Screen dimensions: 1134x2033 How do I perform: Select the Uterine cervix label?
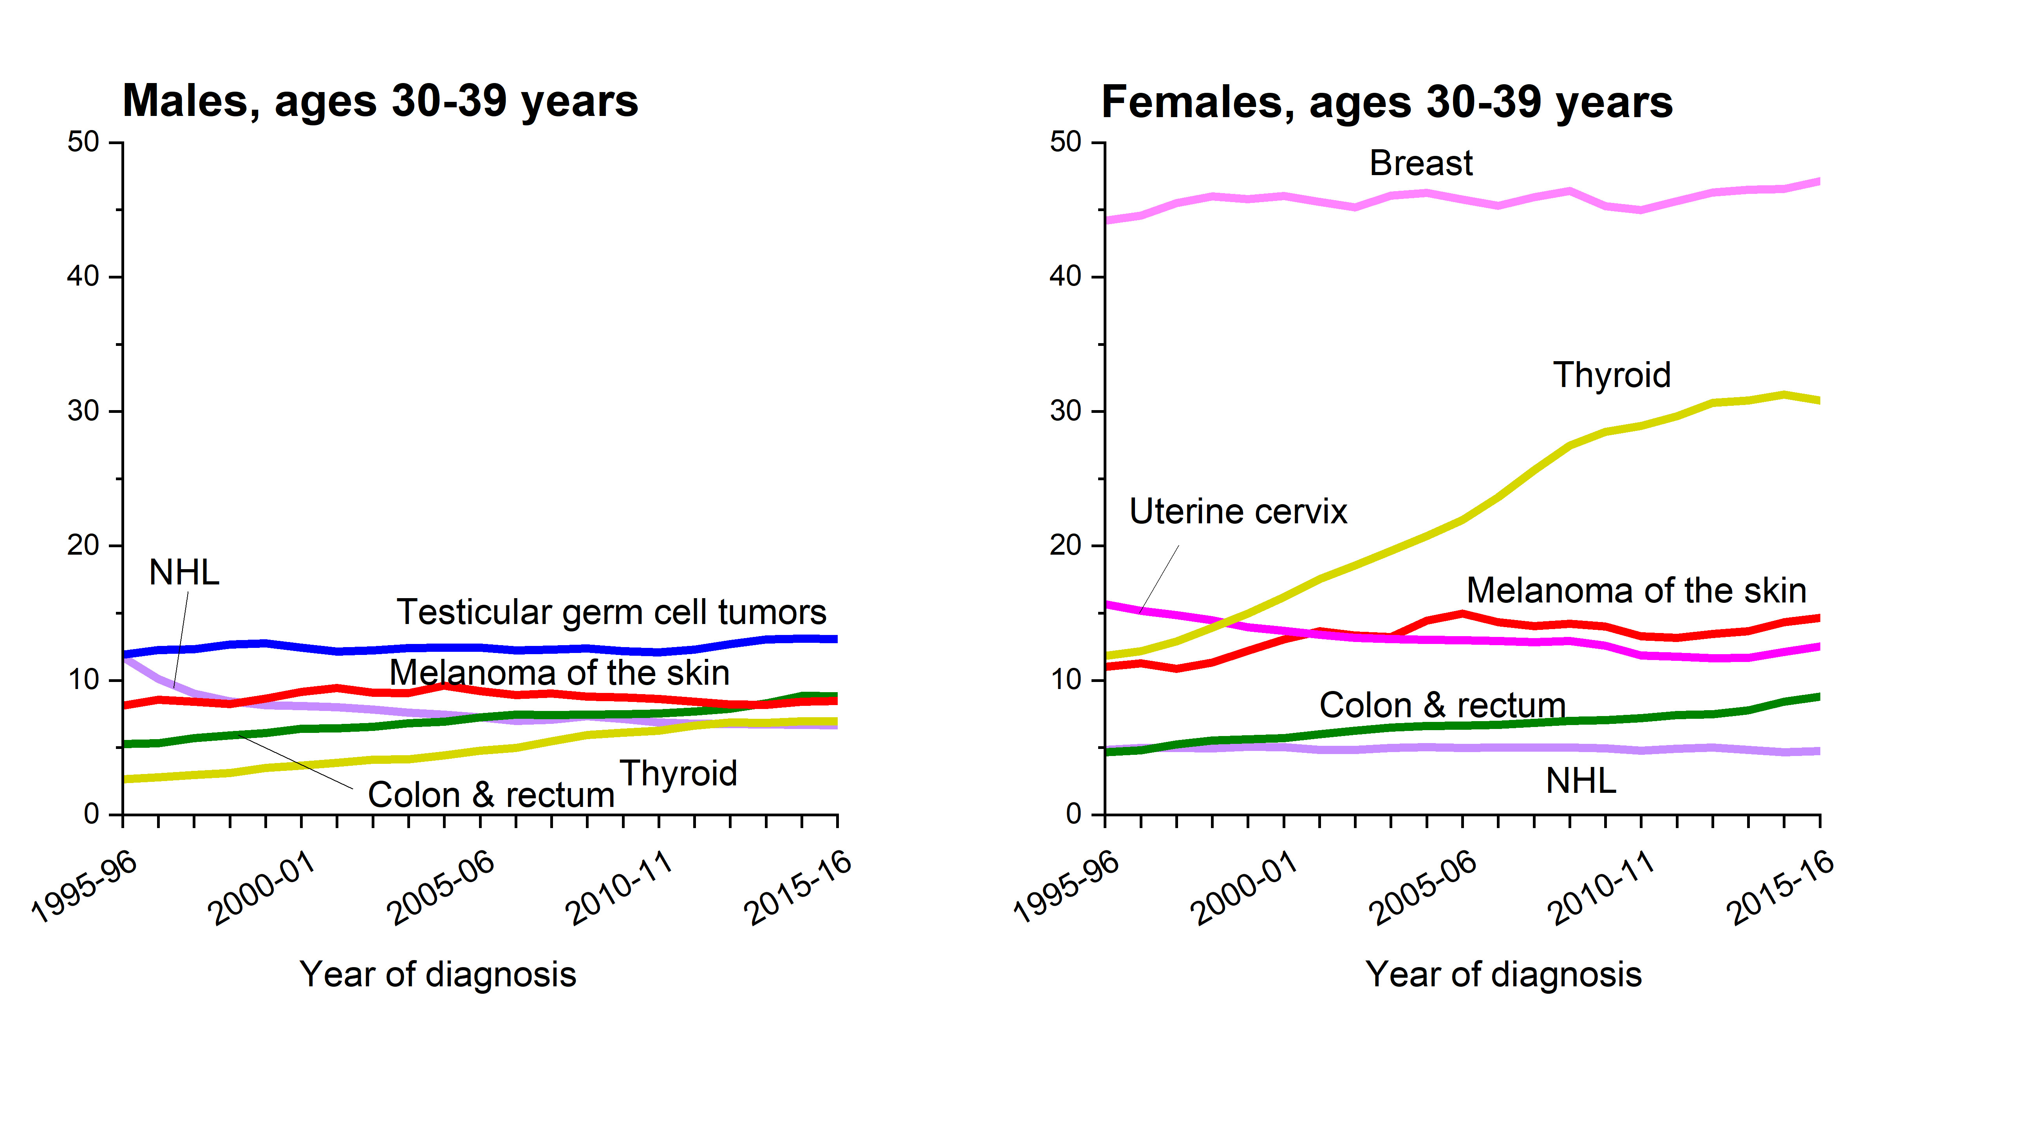click(1238, 511)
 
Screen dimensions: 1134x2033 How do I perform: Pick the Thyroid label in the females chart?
click(1612, 375)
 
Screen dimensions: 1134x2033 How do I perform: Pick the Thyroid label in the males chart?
click(678, 773)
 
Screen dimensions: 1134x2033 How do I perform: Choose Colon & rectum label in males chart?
click(491, 795)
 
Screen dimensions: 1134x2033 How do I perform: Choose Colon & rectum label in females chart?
click(1442, 705)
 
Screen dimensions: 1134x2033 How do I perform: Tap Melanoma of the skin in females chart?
click(1636, 590)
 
